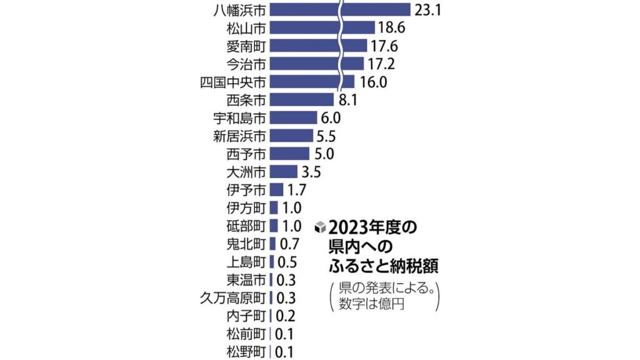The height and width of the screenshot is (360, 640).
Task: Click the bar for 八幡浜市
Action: click(x=340, y=10)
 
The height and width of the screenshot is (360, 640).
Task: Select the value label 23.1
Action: click(x=428, y=10)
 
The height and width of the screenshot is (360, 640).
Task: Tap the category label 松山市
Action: click(x=246, y=28)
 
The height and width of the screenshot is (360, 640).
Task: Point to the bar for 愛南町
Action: click(x=318, y=46)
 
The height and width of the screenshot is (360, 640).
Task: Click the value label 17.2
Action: click(x=381, y=63)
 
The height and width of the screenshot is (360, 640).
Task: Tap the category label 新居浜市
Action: click(x=240, y=136)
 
